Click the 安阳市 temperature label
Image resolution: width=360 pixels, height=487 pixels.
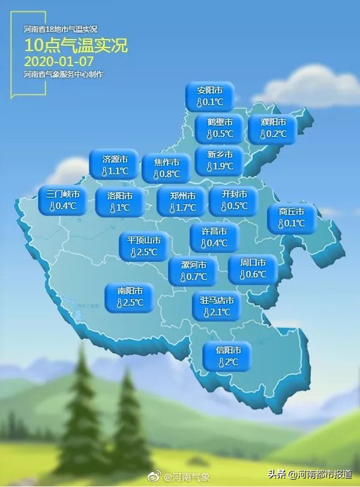[209, 96]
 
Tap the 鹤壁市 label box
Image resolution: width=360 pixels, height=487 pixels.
[219, 128]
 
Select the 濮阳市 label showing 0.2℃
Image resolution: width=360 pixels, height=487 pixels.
[272, 128]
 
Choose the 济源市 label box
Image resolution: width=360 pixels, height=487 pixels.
[114, 165]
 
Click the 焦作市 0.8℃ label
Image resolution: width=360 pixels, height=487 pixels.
[166, 169]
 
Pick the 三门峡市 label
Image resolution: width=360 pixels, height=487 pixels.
[62, 201]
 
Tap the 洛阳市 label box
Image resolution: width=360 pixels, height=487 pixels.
[119, 202]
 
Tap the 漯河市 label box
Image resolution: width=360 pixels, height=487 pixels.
[192, 271]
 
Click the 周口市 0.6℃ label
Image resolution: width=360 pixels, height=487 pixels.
[252, 268]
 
